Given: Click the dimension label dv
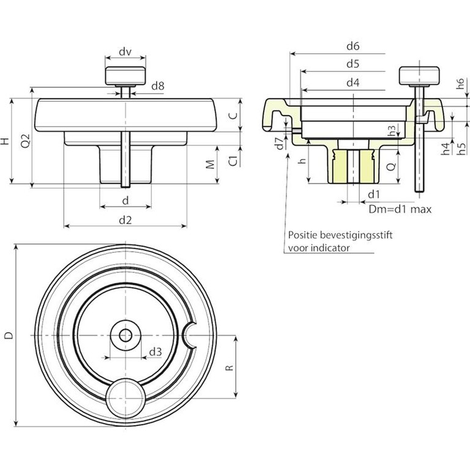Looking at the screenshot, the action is [125, 51].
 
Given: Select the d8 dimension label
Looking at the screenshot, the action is [158, 86].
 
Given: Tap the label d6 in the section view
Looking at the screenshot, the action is [352, 46].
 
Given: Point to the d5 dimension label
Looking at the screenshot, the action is [352, 64].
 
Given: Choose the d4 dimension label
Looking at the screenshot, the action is [352, 83].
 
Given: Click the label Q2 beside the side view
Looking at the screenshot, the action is [26, 140].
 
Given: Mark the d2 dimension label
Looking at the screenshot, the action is [125, 220].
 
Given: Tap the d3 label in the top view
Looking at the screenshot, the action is [155, 352].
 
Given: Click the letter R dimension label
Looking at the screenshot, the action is [229, 368].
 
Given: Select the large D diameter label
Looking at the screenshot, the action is [10, 335].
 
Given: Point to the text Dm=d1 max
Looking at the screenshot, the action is [400, 209].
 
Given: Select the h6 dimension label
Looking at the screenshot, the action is [461, 84].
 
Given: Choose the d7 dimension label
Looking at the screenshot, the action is [279, 143].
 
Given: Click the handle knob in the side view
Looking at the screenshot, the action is [125, 76].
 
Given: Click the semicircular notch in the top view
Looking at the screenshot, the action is [188, 335].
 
